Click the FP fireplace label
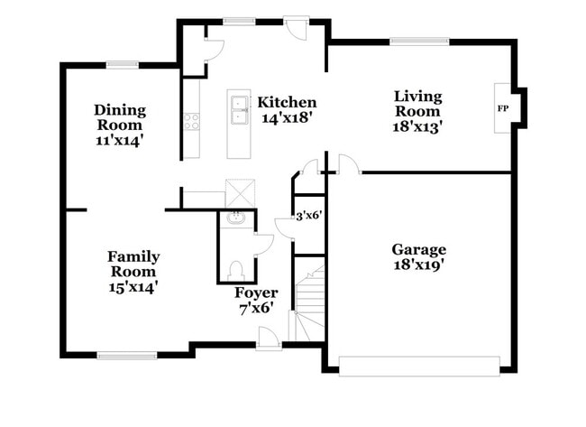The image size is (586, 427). point(503,108)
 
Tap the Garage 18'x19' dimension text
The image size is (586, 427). point(418,265)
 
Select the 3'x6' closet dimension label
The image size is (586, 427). point(309,216)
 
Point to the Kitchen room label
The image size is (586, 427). point(287,102)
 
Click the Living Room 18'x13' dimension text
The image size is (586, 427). point(417,127)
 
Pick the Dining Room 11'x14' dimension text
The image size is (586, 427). point(120,141)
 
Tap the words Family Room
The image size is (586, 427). point(133,264)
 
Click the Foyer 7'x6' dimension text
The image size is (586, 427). point(256,309)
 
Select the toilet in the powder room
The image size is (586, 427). point(235,271)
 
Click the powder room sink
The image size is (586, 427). point(235,218)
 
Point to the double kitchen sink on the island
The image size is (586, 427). point(239,109)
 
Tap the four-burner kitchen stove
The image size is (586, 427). point(192,122)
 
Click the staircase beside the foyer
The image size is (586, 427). point(309,303)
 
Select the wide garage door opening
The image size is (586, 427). point(419,366)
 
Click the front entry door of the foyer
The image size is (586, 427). point(269,339)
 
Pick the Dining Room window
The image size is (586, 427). point(123,65)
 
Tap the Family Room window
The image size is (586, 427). point(127,356)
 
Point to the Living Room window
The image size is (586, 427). point(419,42)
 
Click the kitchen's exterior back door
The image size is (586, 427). point(296,27)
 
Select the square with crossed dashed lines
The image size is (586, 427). point(241,193)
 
